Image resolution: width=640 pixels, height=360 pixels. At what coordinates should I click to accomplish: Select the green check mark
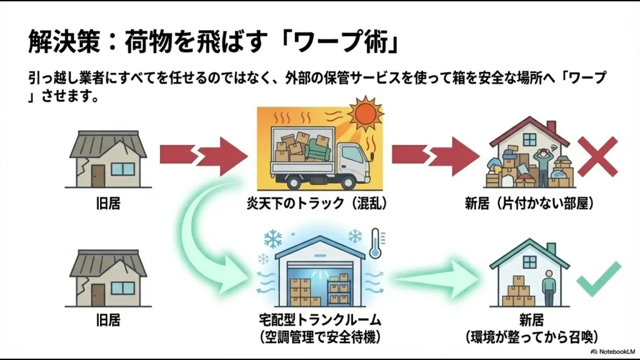coord(598,279)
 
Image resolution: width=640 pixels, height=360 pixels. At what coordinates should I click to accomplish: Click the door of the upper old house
coord(97,172)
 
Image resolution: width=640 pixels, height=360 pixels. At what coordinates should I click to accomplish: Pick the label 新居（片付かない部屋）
coord(529,204)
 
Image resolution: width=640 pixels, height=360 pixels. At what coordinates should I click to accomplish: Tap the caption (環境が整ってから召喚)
coord(529,337)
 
